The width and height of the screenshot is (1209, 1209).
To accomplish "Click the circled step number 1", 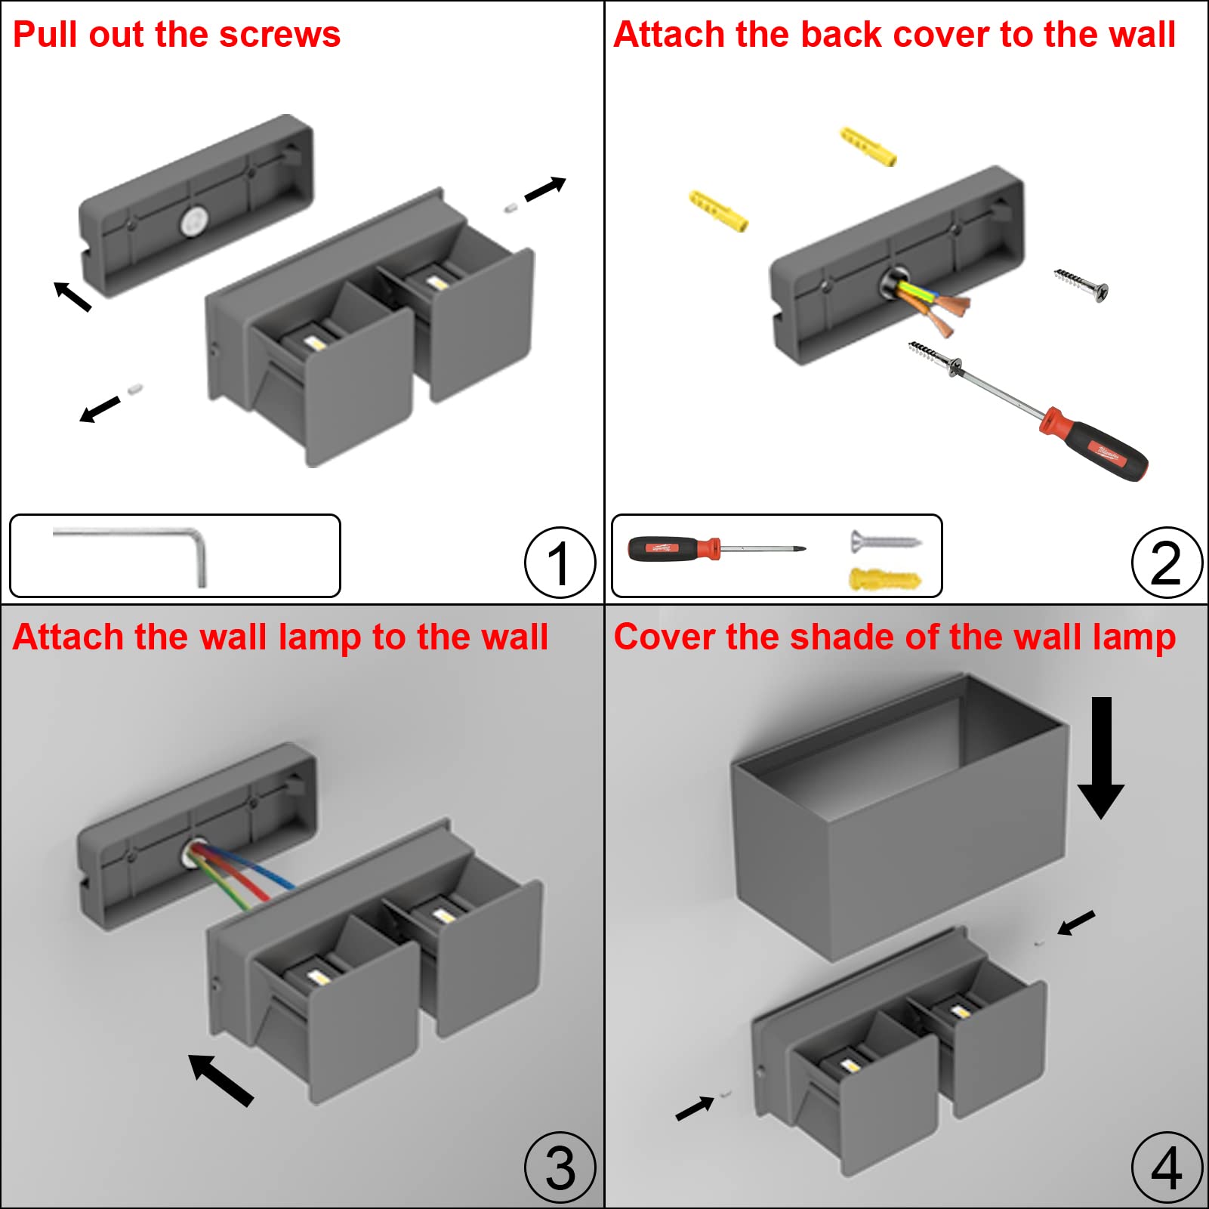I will pos(560,563).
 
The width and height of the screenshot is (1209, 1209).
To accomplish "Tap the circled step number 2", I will pos(1167,563).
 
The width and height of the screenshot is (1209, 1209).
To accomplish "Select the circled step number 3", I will pos(560,1167).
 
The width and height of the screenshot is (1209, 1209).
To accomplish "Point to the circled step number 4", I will pos(1167,1167).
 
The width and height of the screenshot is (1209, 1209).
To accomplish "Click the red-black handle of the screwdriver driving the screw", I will pos(1095,445).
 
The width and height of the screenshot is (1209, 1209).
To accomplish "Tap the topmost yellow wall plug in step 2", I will pos(868,146).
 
